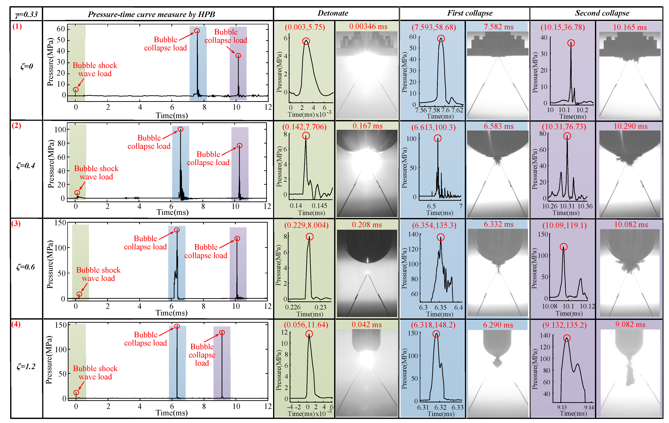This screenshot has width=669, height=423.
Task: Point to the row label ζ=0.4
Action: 26,166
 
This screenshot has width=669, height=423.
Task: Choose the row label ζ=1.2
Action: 26,366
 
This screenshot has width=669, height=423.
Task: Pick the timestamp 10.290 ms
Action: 630,126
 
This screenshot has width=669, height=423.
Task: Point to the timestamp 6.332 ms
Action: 498,224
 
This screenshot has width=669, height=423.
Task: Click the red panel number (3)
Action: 16,224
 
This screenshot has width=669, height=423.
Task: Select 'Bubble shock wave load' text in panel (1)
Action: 95,69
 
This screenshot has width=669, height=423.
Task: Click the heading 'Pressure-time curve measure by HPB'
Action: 151,14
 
